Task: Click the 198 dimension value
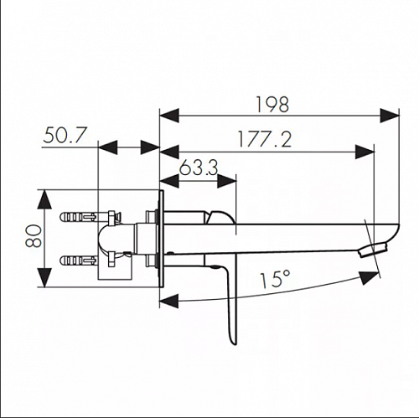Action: click(x=272, y=105)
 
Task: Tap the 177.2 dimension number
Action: click(x=265, y=139)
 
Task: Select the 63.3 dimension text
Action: click(x=199, y=168)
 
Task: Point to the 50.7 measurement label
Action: click(x=65, y=135)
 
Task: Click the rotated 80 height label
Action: click(x=34, y=236)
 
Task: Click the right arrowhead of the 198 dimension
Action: click(x=390, y=115)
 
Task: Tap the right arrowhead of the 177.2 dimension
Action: click(x=365, y=152)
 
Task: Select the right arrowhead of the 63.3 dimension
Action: click(x=226, y=181)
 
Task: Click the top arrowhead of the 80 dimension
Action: click(x=44, y=199)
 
